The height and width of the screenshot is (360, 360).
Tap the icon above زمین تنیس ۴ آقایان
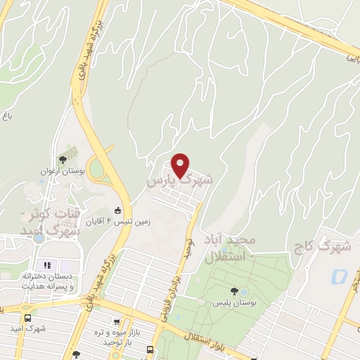click(x=117, y=211)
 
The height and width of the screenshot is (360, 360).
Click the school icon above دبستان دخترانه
click(x=49, y=266)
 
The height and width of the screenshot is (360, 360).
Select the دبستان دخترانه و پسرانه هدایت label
click(x=47, y=282)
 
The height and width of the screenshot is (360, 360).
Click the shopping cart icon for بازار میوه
click(x=116, y=322)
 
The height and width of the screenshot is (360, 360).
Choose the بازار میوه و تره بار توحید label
click(x=114, y=336)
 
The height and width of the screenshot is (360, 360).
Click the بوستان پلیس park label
click(x=233, y=303)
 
